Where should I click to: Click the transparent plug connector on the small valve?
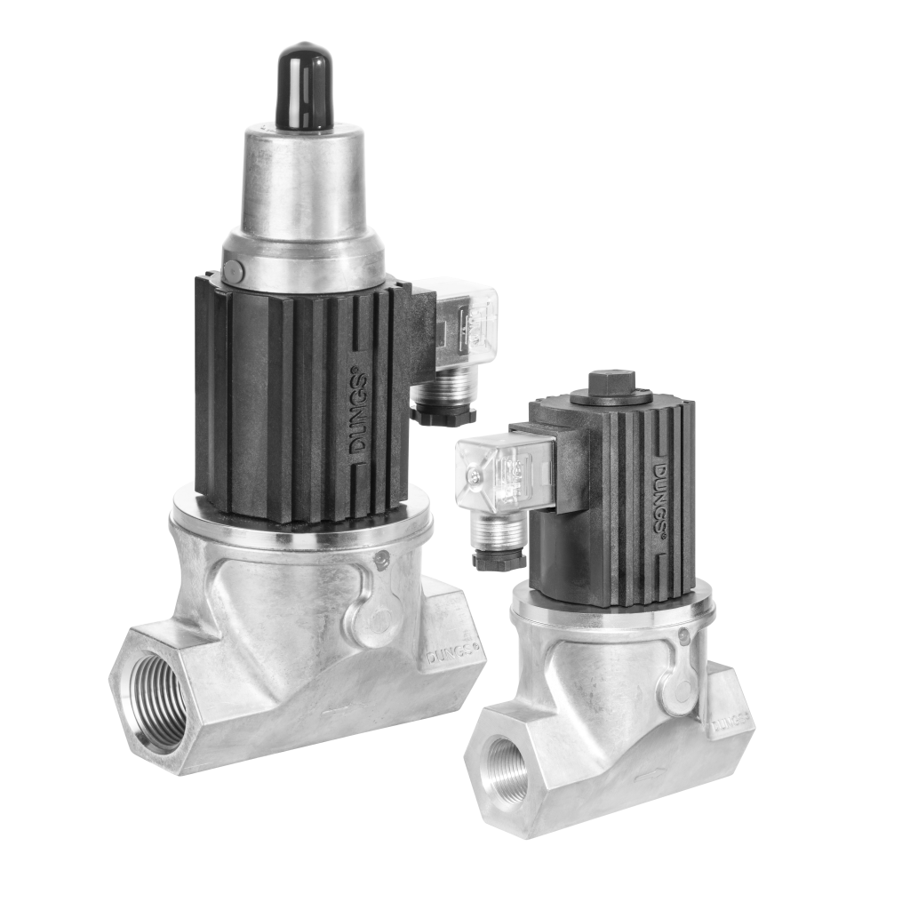point(493,475)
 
